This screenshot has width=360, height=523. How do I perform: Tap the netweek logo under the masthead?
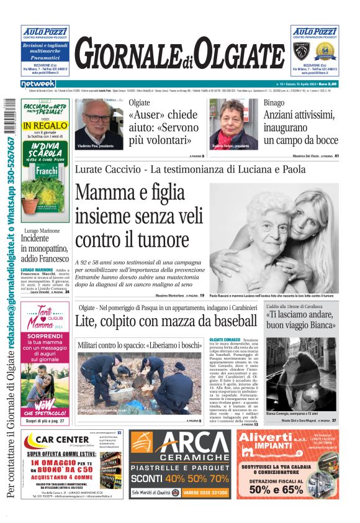[38, 84]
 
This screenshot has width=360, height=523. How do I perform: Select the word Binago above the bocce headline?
[274, 102]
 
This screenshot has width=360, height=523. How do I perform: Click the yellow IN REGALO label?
[45, 126]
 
